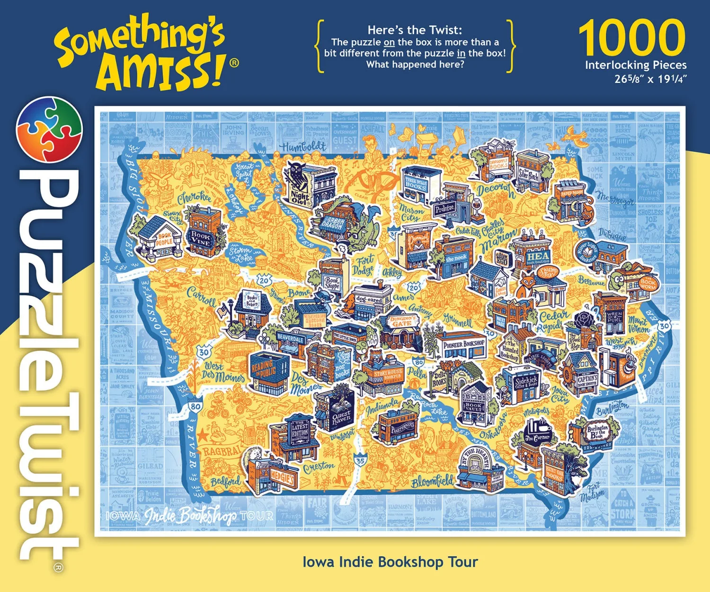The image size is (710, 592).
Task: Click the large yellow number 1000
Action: [x=632, y=38]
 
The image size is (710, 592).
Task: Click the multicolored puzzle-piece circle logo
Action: [x=49, y=129]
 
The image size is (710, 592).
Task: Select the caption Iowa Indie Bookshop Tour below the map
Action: [x=390, y=562]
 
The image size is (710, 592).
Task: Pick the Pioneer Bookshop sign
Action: [x=463, y=344]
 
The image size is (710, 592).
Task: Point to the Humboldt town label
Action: [x=303, y=147]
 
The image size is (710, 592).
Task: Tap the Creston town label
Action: [x=319, y=467]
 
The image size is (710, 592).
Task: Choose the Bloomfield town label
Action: [x=432, y=481]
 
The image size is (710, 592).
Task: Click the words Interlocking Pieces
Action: [x=636, y=65]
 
